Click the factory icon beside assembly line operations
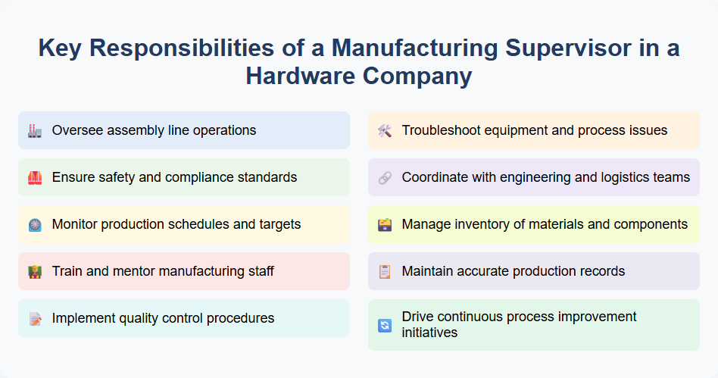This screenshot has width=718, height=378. pyautogui.click(x=35, y=130)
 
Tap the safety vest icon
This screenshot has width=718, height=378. pyautogui.click(x=35, y=177)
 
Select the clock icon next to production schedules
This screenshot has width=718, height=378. pyautogui.click(x=35, y=224)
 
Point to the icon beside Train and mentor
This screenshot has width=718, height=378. pyautogui.click(x=35, y=271)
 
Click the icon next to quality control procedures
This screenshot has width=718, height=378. pyautogui.click(x=35, y=318)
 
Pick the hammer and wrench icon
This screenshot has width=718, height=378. pyautogui.click(x=385, y=130)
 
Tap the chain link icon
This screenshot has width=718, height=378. pyautogui.click(x=385, y=177)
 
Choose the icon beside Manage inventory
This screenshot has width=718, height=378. pyautogui.click(x=385, y=224)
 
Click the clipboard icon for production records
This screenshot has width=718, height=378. pyautogui.click(x=385, y=271)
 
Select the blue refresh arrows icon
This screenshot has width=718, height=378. pyautogui.click(x=385, y=325)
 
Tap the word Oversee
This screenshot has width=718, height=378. pyautogui.click(x=76, y=130)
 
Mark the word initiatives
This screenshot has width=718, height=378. pyautogui.click(x=429, y=333)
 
